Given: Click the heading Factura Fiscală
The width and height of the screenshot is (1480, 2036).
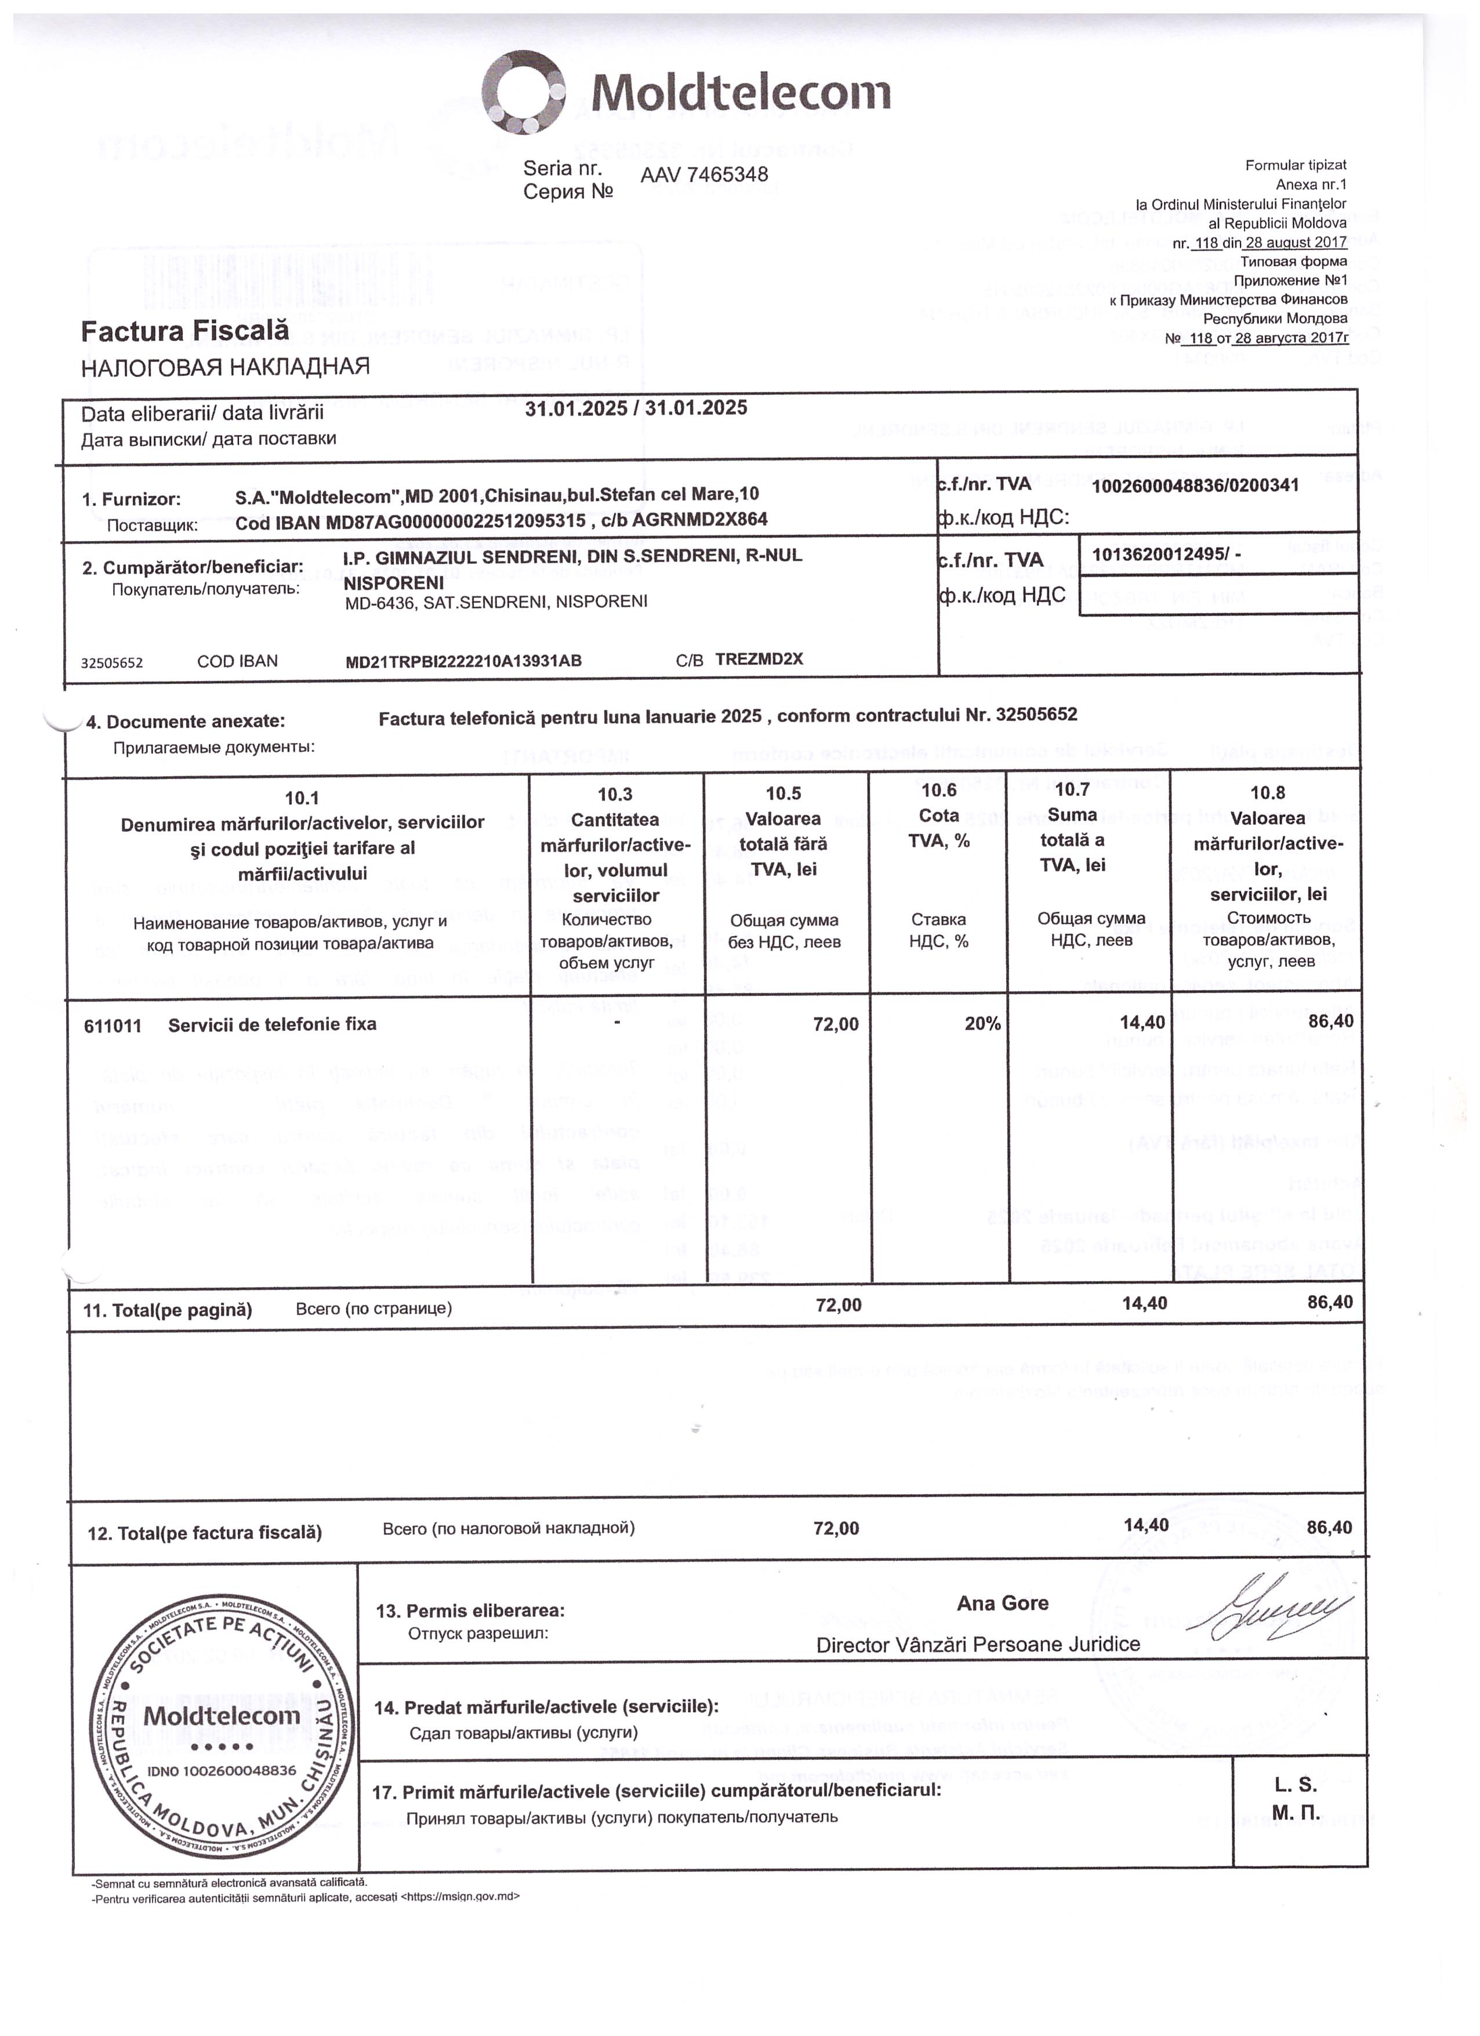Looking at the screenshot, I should coord(185,331).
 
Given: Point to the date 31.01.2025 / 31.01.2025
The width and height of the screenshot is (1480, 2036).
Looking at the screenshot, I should coord(636,408).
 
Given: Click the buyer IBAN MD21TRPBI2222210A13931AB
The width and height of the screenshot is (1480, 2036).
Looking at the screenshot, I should coord(463,662).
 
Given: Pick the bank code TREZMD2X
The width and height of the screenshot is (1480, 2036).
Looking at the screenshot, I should coord(759,659).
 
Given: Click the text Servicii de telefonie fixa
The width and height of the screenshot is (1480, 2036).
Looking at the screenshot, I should coord(272,1024).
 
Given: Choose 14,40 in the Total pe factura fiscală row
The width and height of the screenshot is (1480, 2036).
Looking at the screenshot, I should coord(1145,1525).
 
